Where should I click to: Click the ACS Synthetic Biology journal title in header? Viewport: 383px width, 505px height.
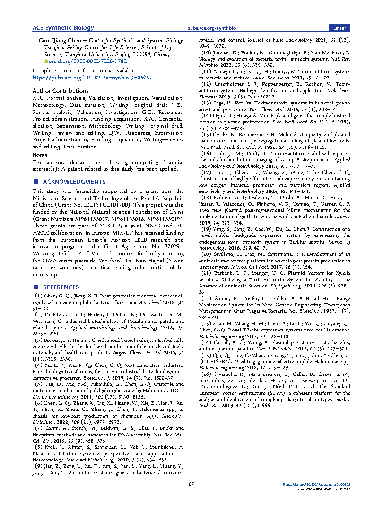click(63, 28)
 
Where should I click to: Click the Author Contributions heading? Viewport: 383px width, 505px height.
click(59, 90)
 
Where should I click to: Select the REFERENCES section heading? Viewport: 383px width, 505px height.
click(61, 287)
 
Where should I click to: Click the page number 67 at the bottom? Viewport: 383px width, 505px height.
click(191, 484)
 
